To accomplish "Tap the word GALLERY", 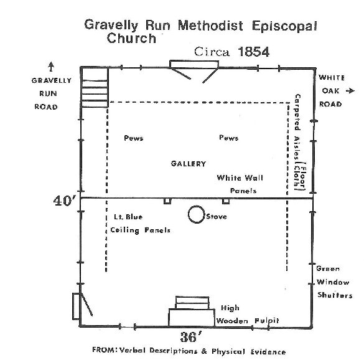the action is tap(189, 164).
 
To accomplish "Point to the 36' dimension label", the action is tap(191, 337).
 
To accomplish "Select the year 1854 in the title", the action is tap(253, 52).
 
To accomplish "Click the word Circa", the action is tap(212, 52).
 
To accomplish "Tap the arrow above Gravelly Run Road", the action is tap(51, 67).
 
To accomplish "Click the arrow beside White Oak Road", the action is tap(350, 91).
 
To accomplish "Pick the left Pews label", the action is tap(134, 138).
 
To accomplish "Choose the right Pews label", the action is tap(228, 138).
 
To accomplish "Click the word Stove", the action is tap(217, 217).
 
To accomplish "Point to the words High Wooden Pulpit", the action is tap(248, 315).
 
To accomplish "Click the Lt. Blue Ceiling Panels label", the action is tap(140, 224).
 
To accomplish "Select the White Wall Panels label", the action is tap(240, 184).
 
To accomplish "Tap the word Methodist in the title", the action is tap(210, 25).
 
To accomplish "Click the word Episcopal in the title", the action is tap(284, 26).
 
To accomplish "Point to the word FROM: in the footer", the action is tap(105, 349).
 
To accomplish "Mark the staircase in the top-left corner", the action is tap(95, 87).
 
